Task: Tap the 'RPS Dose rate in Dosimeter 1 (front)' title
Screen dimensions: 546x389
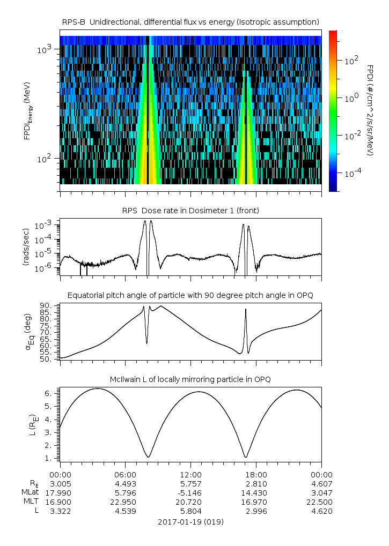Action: pos(191,211)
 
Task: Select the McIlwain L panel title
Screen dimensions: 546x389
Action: pos(191,379)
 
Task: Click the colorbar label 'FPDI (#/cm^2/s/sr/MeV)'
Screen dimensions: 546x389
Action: pos(370,110)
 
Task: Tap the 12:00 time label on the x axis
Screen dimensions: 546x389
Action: pos(190,474)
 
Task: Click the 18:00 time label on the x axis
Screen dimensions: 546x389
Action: pos(256,474)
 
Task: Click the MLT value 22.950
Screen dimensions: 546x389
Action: pos(125,502)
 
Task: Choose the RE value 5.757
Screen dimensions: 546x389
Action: pos(190,483)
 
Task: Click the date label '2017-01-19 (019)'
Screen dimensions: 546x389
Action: pos(190,521)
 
